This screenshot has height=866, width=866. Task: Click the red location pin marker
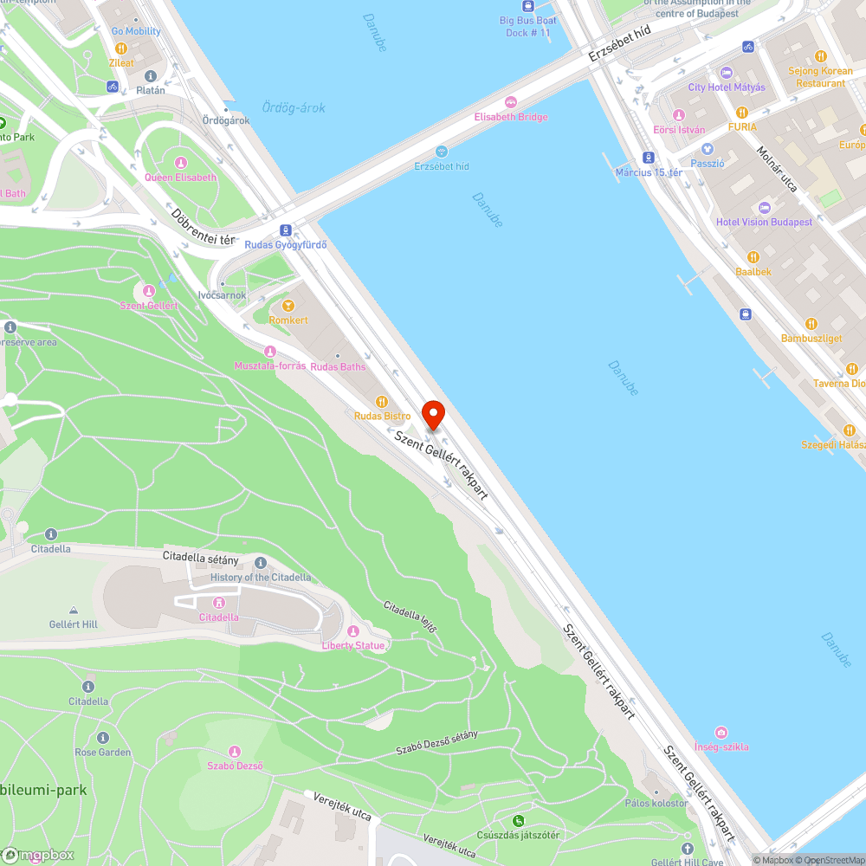432,415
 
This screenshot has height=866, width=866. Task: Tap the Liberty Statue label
353,645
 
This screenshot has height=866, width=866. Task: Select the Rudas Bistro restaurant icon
381,401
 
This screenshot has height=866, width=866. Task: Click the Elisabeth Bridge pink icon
510,102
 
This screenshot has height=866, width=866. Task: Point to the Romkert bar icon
288,306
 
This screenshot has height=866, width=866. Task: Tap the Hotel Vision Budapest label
764,222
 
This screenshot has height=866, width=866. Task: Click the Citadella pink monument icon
219,603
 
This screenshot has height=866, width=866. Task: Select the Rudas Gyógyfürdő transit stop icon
285,229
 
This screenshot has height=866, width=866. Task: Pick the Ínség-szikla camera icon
721,733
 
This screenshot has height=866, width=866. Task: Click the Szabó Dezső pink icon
234,751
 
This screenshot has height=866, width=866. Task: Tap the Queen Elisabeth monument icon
180,163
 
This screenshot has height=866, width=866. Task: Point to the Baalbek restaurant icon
753,257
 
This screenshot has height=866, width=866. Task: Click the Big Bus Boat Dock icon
528,4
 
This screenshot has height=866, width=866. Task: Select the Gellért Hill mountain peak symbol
74,611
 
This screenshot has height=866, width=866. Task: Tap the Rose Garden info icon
102,738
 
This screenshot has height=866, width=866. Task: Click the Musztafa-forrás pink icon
270,351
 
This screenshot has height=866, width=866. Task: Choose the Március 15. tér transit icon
649,158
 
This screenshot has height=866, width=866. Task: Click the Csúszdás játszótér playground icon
518,820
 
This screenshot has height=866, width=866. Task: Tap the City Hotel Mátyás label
727,87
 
